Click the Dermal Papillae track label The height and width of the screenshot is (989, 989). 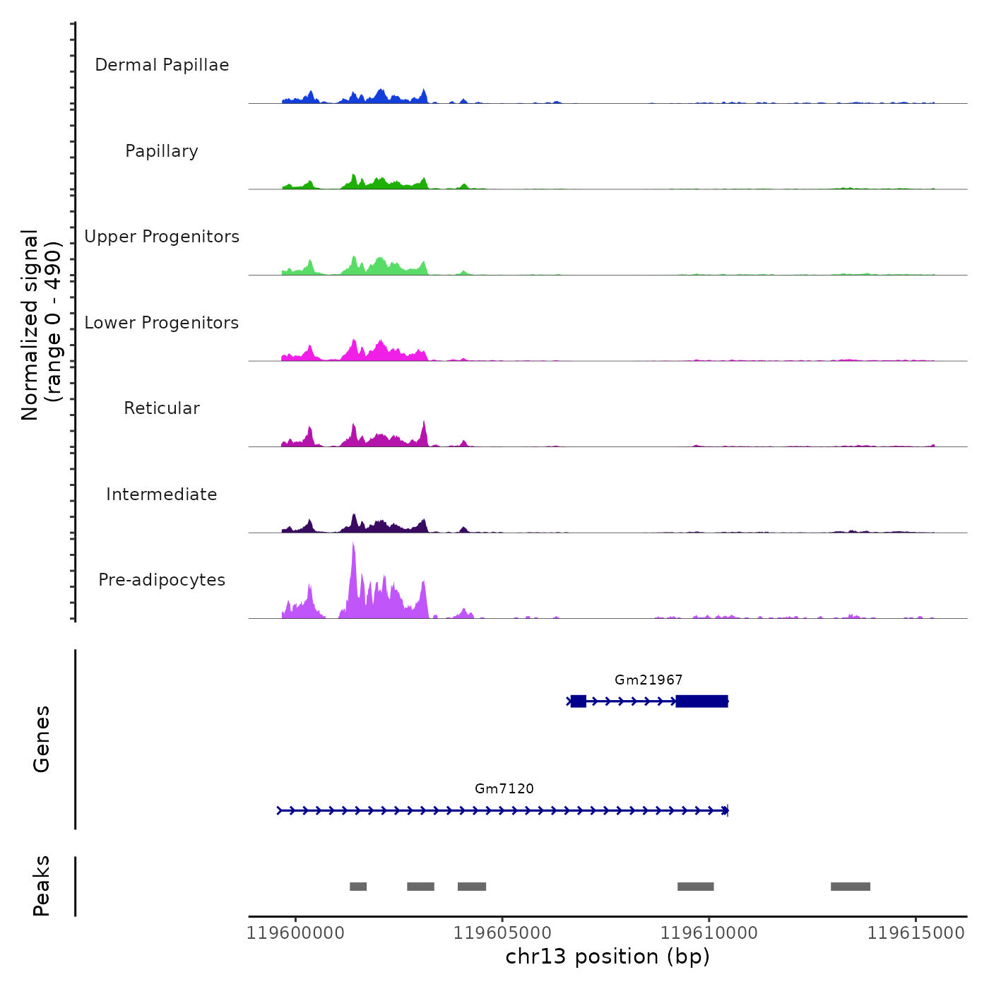click(162, 65)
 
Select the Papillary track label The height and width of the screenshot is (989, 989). click(162, 151)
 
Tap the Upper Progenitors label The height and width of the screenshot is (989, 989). click(162, 237)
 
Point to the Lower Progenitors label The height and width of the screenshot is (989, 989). click(162, 323)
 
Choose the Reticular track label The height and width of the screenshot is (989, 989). click(162, 408)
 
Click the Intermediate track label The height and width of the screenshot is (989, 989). click(162, 494)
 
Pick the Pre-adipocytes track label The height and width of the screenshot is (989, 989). click(162, 580)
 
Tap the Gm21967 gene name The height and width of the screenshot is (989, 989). click(649, 680)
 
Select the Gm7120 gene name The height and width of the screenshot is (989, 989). click(504, 789)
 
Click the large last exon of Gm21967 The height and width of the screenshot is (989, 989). click(701, 701)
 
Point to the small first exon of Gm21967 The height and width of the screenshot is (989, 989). click(579, 701)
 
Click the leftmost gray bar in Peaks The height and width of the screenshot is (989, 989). click(358, 887)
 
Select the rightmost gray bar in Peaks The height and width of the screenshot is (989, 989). click(851, 887)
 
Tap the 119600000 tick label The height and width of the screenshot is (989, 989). click(295, 933)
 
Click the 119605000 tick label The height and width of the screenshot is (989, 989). click(502, 933)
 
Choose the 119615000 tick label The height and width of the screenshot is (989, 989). click(916, 933)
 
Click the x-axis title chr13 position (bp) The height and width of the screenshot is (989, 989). click(608, 957)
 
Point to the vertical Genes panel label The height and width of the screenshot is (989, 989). click(42, 739)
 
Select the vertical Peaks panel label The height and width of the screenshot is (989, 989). click(42, 886)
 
